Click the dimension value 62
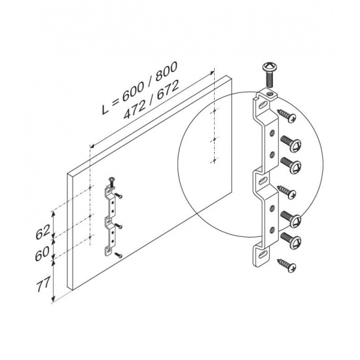click(x=43, y=232)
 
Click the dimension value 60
click(x=42, y=253)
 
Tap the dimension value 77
click(x=43, y=284)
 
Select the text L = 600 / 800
click(x=139, y=88)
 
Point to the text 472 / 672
click(x=151, y=100)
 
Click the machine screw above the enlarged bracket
click(x=270, y=75)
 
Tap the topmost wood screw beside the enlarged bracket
click(x=287, y=116)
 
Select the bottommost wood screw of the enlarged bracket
click(x=287, y=265)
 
